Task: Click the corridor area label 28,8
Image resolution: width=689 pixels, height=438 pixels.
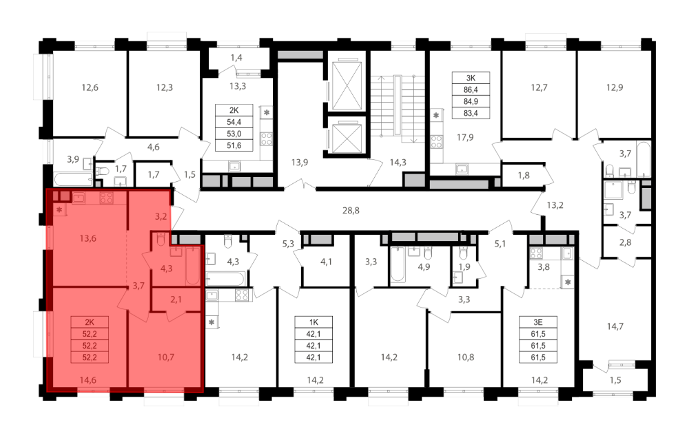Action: click(351, 211)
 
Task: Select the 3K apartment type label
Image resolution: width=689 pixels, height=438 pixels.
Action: click(471, 79)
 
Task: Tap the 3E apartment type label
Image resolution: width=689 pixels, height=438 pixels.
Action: click(538, 322)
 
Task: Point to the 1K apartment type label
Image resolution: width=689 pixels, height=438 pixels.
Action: click(313, 322)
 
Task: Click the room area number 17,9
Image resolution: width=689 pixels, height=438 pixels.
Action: click(465, 138)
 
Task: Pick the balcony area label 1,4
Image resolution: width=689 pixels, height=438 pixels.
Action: click(236, 58)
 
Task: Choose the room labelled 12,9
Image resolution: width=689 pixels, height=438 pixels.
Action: click(615, 87)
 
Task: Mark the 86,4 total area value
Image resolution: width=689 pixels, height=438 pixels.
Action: click(471, 90)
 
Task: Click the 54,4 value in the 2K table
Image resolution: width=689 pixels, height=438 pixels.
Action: click(234, 122)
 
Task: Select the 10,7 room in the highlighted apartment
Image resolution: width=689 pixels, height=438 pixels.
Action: click(165, 357)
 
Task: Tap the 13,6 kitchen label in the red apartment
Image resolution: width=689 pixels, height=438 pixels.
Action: click(88, 238)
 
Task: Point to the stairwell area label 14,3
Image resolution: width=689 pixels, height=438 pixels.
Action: click(398, 163)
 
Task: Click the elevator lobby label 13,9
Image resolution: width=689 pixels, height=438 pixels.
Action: click(299, 163)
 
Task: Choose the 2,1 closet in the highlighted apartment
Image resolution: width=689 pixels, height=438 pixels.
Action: click(176, 300)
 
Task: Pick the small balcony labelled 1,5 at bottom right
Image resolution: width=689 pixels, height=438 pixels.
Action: click(615, 380)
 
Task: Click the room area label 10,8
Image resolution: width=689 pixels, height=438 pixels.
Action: click(465, 357)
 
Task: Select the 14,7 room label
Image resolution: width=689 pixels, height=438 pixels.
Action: click(615, 326)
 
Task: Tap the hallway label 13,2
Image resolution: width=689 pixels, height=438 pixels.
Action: click(555, 205)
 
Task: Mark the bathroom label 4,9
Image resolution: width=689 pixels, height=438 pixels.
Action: click(424, 267)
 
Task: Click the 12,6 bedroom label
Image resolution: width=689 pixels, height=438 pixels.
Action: click(90, 87)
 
